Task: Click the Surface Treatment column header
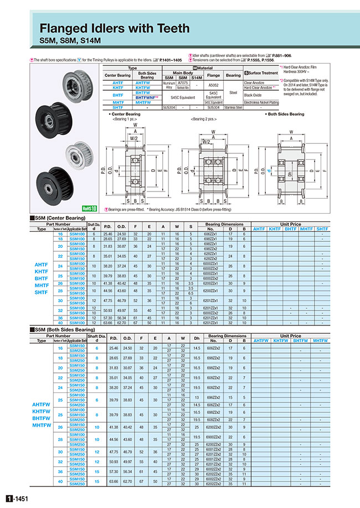point(260,72)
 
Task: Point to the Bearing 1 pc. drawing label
point(127,119)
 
